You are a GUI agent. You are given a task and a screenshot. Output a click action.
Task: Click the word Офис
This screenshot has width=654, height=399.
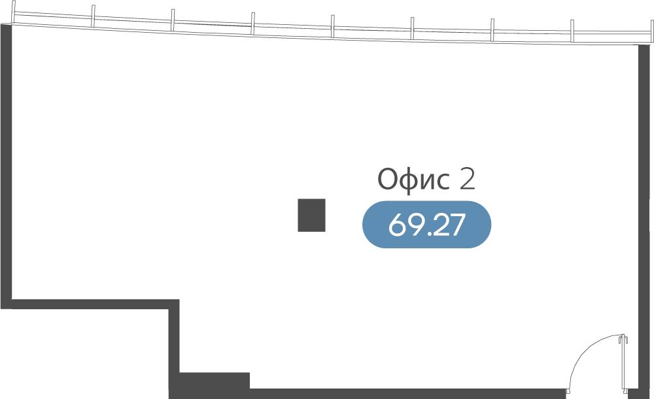point(414,179)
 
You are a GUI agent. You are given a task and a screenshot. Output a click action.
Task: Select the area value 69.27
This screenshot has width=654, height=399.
point(426,225)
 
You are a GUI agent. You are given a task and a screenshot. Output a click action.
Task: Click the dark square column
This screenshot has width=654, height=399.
point(311,215)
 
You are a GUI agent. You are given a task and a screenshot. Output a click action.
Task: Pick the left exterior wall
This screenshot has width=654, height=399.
point(6,164)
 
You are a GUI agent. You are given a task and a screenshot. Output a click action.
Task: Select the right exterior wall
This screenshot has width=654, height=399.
point(644,216)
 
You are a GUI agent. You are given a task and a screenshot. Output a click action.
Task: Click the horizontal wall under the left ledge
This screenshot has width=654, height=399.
point(92,304)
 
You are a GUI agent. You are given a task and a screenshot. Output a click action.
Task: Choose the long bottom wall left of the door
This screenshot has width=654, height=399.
point(405,394)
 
